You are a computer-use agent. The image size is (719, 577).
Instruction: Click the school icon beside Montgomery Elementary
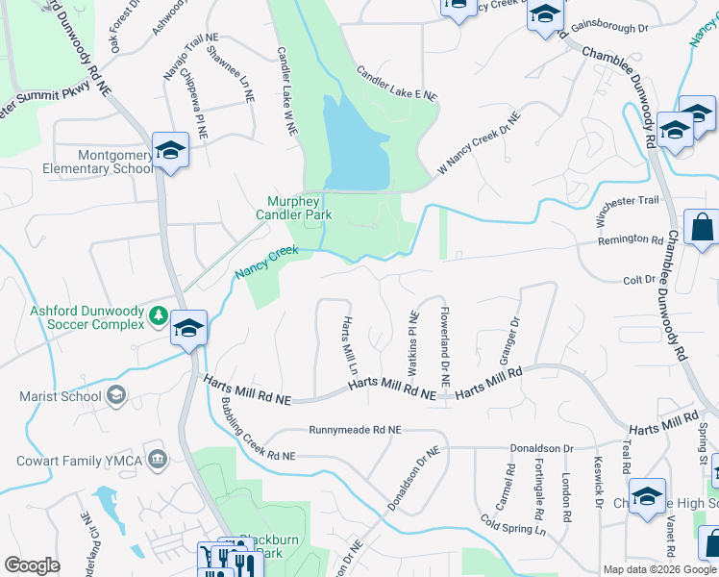(x=170, y=151)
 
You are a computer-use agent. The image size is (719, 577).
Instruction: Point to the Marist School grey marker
(x=116, y=395)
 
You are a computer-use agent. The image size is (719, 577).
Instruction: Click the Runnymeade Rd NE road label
(x=355, y=430)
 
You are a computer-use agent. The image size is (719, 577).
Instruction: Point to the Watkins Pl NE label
(x=412, y=343)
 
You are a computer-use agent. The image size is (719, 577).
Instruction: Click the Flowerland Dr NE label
(x=445, y=341)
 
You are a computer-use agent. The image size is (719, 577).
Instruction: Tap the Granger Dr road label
(x=508, y=341)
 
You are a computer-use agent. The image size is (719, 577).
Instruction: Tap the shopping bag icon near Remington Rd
(x=703, y=229)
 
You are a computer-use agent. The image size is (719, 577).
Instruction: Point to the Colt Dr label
(x=638, y=280)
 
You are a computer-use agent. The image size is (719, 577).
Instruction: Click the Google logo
(x=32, y=564)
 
